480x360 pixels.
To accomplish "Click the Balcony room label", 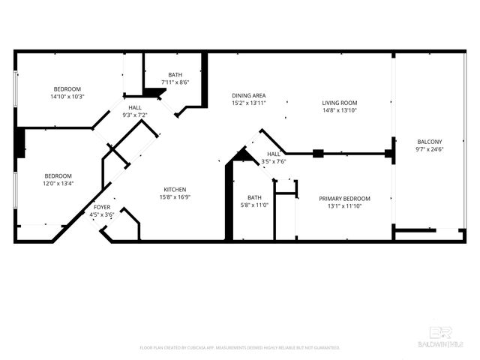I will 430,142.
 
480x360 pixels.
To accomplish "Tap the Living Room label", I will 340,103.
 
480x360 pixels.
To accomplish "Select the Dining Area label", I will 248,95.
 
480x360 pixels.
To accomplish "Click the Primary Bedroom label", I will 344,198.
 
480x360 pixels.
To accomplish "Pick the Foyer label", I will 101,207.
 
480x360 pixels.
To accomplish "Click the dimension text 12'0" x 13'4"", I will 58,183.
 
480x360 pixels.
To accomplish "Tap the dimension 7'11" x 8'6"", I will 175,82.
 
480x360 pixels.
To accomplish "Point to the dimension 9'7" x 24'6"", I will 430,149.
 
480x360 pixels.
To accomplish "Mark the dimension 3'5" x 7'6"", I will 274,161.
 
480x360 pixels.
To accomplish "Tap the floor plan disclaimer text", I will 240,348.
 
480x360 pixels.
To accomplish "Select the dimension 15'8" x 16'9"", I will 174,196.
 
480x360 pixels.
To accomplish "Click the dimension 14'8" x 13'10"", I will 340,110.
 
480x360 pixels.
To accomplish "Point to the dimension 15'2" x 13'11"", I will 248,103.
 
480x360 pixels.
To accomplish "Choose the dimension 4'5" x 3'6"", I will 101,214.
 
